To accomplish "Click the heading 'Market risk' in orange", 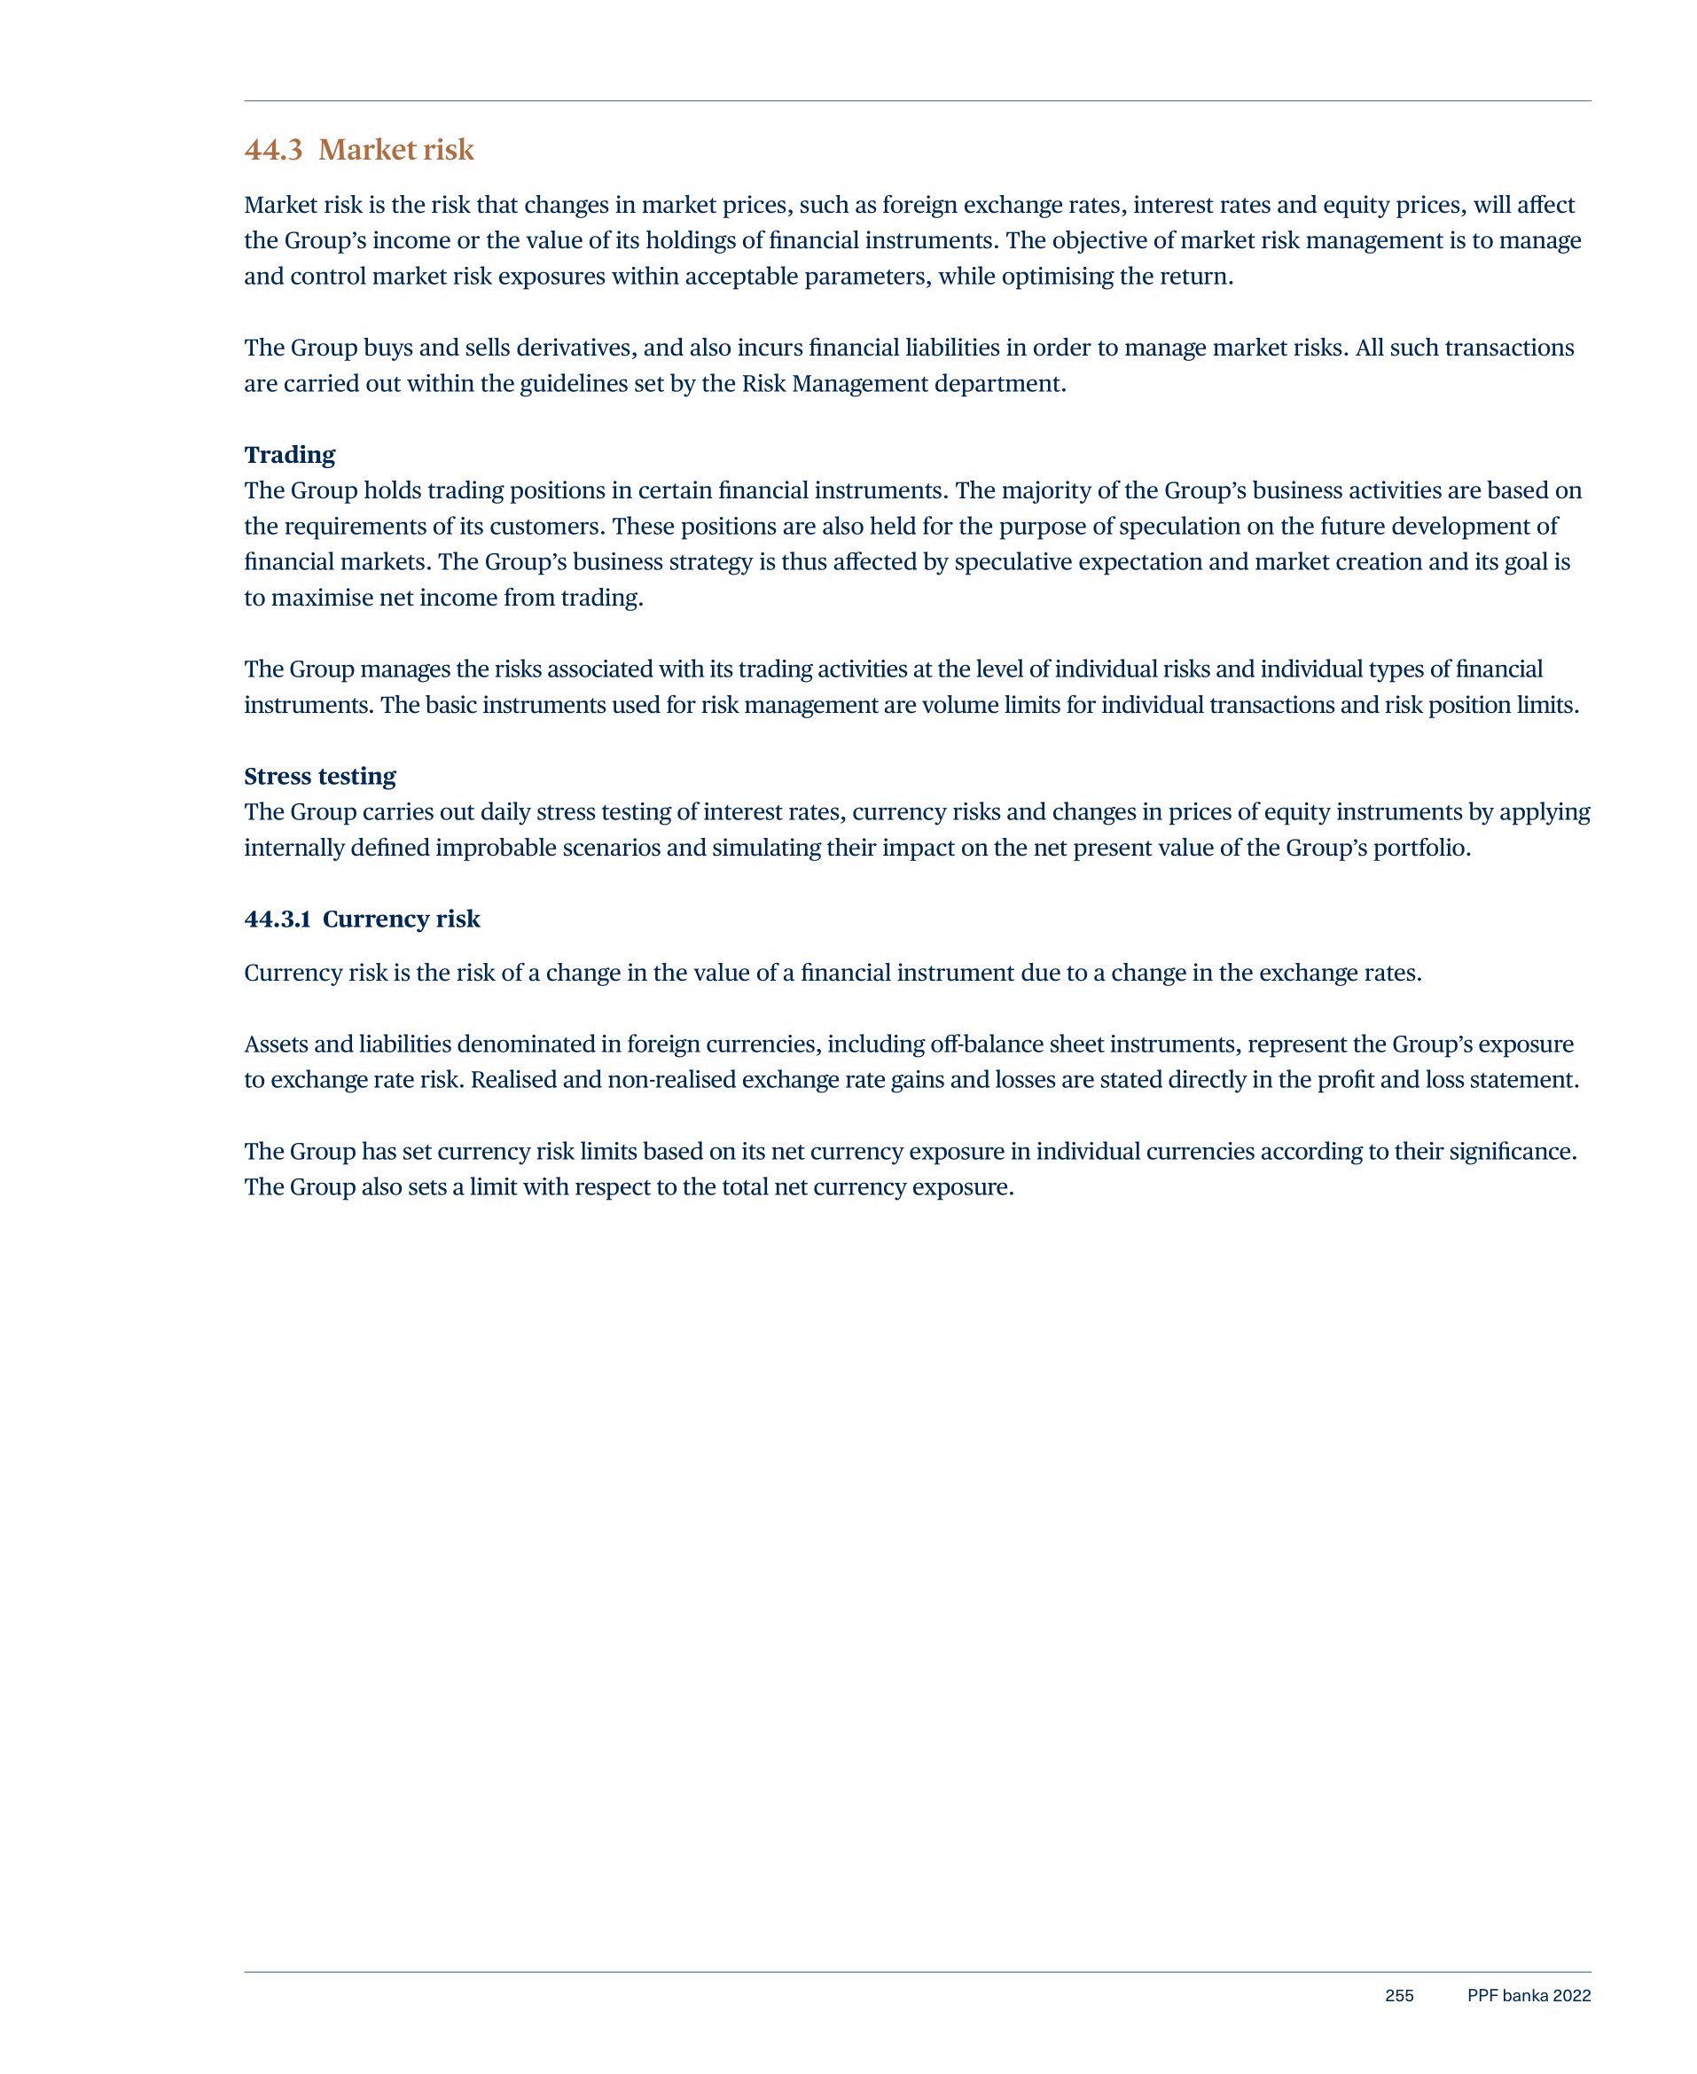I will point(396,150).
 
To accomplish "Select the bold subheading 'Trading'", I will point(289,455).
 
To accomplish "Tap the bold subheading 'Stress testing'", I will point(320,776).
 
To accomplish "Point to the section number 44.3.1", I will point(278,919).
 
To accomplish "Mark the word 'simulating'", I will point(765,848).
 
